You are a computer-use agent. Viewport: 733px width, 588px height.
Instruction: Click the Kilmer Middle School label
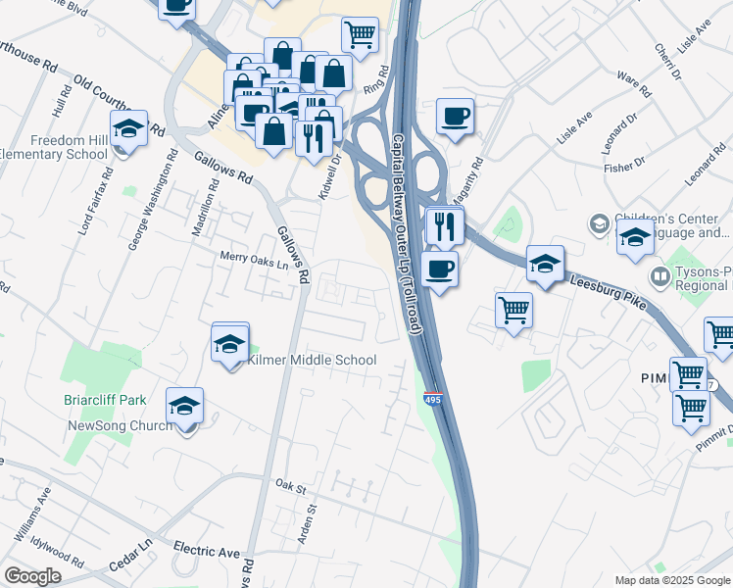coord(312,360)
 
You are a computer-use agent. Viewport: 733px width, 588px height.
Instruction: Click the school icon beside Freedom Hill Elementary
coord(128,128)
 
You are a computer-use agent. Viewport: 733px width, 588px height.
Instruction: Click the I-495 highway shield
coord(432,399)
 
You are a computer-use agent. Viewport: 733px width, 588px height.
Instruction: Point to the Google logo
coord(32,575)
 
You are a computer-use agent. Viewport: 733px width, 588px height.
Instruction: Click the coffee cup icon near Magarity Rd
coord(455,117)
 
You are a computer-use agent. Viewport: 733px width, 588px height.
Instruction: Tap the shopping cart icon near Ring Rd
coord(360,35)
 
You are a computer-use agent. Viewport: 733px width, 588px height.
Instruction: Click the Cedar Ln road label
coord(132,547)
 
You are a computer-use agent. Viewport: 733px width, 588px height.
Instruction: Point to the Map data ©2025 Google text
coord(672,580)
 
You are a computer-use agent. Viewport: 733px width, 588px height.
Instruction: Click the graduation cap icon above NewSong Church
coord(184,405)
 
